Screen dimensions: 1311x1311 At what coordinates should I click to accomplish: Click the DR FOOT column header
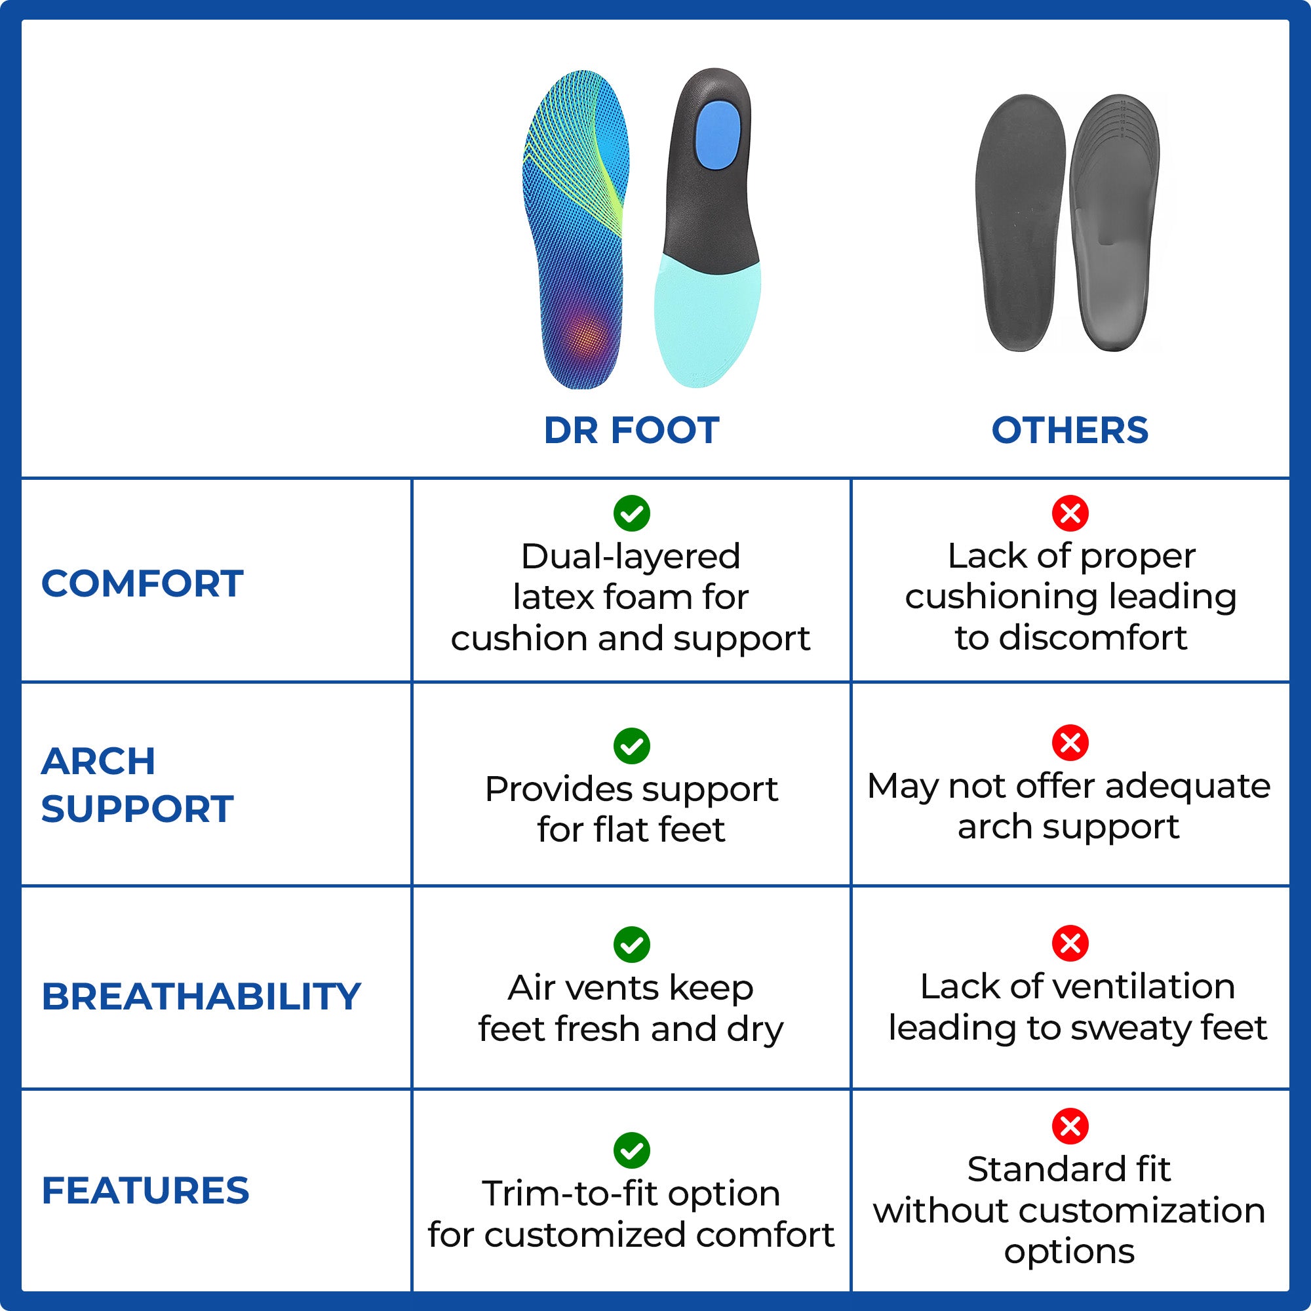[x=631, y=430]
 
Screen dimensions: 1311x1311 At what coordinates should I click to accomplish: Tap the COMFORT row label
[x=142, y=583]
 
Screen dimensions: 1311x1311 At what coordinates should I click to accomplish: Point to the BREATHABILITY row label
[x=201, y=996]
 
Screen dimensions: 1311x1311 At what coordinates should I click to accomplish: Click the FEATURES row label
[x=146, y=1190]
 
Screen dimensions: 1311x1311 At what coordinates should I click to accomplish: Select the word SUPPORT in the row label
[x=137, y=809]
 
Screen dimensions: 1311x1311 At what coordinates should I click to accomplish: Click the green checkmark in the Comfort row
[x=631, y=514]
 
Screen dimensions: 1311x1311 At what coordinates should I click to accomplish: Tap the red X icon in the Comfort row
[x=1070, y=514]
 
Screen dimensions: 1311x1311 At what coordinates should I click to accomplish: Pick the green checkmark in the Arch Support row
[x=631, y=747]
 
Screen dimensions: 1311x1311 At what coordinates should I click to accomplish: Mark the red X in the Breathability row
[x=1070, y=943]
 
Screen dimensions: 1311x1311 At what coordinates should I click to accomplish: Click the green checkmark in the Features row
[x=631, y=1150]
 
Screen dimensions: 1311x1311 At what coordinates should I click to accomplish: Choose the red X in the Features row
[x=1070, y=1126]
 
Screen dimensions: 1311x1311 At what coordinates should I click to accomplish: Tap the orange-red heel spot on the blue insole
[x=586, y=335]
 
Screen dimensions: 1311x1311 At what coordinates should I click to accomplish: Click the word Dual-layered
[x=631, y=557]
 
